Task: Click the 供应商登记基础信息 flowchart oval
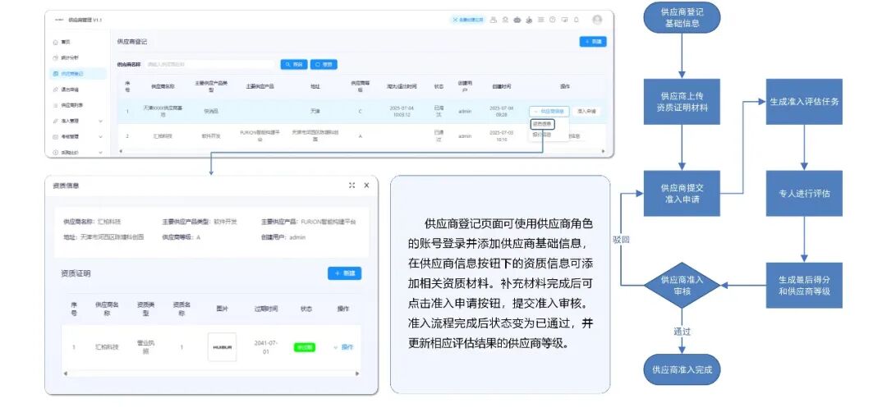[x=682, y=17]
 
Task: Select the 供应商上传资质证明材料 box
[x=682, y=101]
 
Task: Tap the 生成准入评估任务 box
[x=804, y=101]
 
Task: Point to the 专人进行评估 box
[x=804, y=194]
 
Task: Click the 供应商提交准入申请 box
[x=682, y=194]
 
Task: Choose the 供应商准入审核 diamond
[x=682, y=285]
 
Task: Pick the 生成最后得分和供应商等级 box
[x=804, y=285]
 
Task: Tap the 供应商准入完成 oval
[x=682, y=369]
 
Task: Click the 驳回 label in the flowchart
[x=621, y=240]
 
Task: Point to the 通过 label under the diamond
[x=682, y=332]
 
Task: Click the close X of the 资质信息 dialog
[x=366, y=186]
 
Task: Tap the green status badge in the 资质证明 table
[x=305, y=347]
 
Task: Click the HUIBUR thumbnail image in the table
[x=222, y=347]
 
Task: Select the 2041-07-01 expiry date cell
[x=264, y=347]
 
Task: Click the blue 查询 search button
[x=294, y=64]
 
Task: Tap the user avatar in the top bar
[x=597, y=20]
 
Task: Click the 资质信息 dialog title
[x=66, y=186]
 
